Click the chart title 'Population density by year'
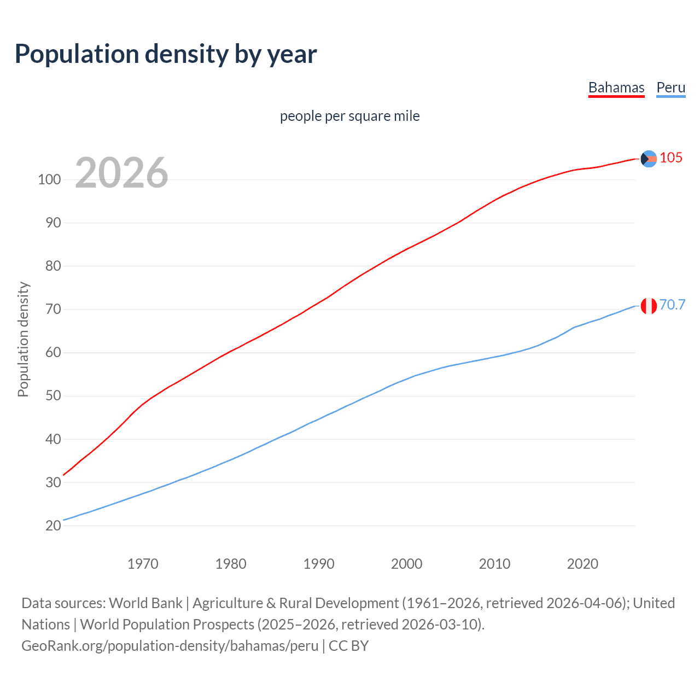166,54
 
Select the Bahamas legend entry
616,88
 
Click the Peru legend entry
670,88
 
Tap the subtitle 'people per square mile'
349,116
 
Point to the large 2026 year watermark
121,173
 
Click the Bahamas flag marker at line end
649,159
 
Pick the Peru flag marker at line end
649,306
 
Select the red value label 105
671,158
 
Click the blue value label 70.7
672,305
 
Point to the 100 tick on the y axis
49,179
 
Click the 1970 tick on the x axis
143,564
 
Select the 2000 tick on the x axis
406,564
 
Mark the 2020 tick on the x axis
582,564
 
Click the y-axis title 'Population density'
23,339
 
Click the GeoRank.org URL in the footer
170,646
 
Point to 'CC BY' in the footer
348,646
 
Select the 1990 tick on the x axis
319,564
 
